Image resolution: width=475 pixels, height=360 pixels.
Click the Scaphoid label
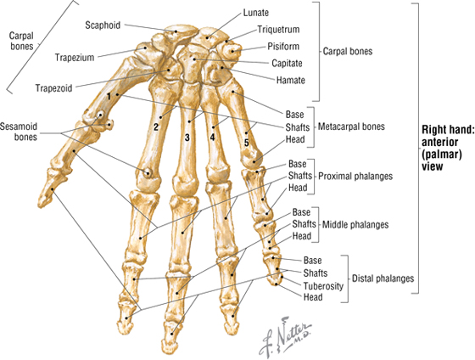click(x=103, y=25)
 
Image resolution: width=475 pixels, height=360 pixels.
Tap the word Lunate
click(x=256, y=13)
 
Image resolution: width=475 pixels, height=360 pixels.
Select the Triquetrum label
click(x=278, y=30)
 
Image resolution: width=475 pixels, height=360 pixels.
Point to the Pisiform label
click(x=283, y=47)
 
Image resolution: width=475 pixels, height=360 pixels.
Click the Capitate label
click(x=287, y=64)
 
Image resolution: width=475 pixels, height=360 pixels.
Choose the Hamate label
click(x=290, y=81)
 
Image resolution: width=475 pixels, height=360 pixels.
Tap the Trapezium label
click(x=75, y=58)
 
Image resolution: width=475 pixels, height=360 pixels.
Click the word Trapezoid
click(x=54, y=88)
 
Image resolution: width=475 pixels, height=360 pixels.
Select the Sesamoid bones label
click(x=19, y=132)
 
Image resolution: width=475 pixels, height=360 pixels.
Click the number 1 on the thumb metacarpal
click(x=109, y=97)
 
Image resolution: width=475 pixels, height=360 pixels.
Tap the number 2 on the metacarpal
click(x=156, y=127)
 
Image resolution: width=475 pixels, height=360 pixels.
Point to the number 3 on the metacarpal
click(x=187, y=138)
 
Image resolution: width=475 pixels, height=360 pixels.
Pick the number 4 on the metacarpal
click(x=212, y=138)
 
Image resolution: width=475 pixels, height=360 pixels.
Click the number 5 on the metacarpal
click(x=246, y=143)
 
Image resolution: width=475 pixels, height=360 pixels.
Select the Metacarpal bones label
click(x=351, y=127)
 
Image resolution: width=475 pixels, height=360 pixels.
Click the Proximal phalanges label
click(x=355, y=177)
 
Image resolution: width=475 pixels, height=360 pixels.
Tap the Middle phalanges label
click(x=355, y=225)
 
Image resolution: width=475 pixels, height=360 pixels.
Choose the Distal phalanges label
click(x=383, y=278)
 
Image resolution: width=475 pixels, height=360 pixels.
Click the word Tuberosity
click(x=323, y=286)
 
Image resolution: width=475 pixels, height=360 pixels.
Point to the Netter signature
click(x=284, y=336)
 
